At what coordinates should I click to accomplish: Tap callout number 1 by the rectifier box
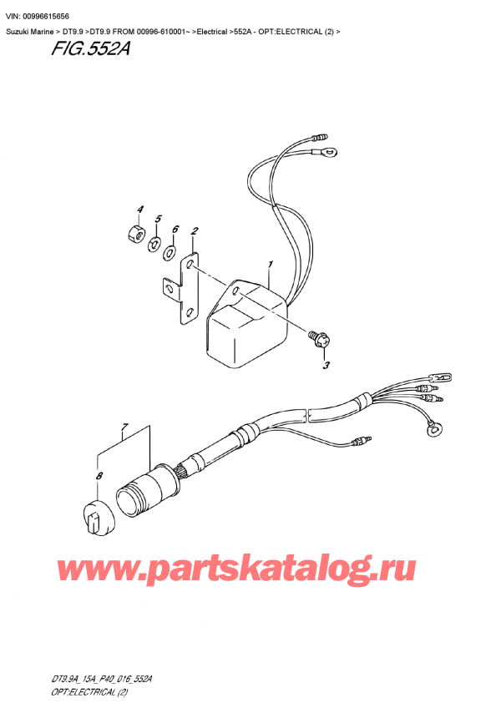[x=270, y=266]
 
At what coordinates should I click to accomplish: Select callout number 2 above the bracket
[x=194, y=231]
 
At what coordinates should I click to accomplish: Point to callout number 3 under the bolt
[x=325, y=364]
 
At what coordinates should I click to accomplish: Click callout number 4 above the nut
[x=139, y=209]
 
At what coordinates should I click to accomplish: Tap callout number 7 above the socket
[x=124, y=430]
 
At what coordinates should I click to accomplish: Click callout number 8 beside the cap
[x=99, y=477]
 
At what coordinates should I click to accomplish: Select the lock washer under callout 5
[x=153, y=244]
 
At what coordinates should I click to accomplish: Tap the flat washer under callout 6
[x=171, y=251]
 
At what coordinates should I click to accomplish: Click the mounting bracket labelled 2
[x=183, y=288]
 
